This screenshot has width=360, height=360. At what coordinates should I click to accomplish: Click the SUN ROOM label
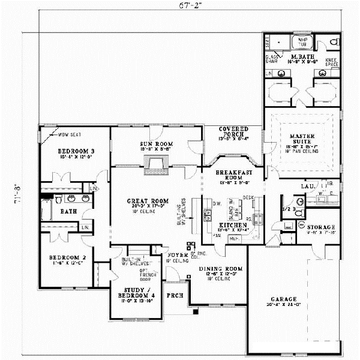point(157,145)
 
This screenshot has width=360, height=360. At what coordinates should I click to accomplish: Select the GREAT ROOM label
point(148,201)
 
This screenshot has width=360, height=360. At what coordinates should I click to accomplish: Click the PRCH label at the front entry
point(175,295)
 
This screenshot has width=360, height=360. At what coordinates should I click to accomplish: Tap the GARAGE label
point(283,298)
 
